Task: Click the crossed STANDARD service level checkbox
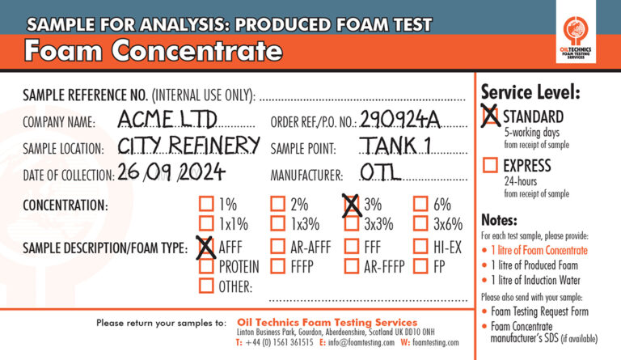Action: pyautogui.click(x=490, y=116)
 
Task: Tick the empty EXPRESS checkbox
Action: pyautogui.click(x=490, y=165)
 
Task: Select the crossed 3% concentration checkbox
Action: pyautogui.click(x=351, y=205)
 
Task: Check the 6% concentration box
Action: pyautogui.click(x=420, y=205)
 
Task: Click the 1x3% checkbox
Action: pyautogui.click(x=277, y=223)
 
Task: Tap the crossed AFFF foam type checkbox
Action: pyautogui.click(x=206, y=246)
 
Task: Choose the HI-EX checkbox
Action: pyautogui.click(x=420, y=246)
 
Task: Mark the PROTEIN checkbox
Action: pyautogui.click(x=206, y=266)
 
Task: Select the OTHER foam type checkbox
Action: pyautogui.click(x=206, y=286)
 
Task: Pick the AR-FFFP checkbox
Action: pyautogui.click(x=351, y=266)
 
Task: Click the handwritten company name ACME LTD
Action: pyautogui.click(x=167, y=118)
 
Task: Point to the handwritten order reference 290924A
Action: pyautogui.click(x=400, y=118)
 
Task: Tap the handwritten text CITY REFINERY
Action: pyautogui.click(x=189, y=145)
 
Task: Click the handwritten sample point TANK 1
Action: pyautogui.click(x=395, y=145)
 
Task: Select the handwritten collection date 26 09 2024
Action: pyautogui.click(x=171, y=172)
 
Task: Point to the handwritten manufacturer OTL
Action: pyautogui.click(x=381, y=172)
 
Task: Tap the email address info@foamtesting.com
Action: pyautogui.click(x=361, y=342)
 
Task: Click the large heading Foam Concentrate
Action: pyautogui.click(x=154, y=51)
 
